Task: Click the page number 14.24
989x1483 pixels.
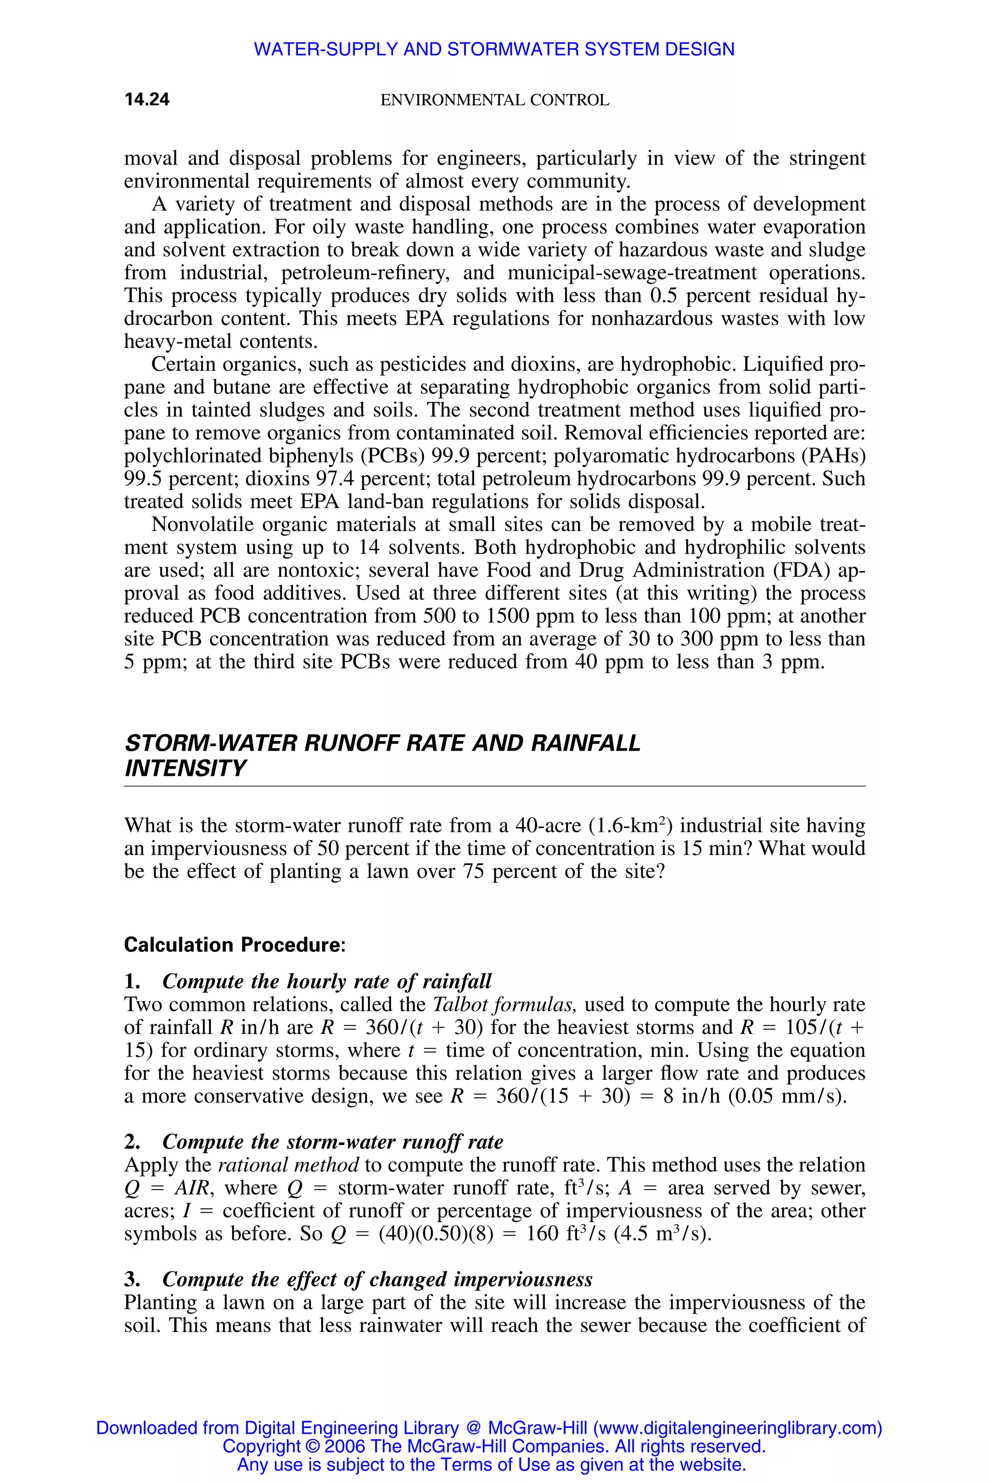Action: click(x=147, y=99)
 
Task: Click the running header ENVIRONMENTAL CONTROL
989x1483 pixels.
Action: click(x=494, y=100)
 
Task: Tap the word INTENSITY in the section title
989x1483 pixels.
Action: click(x=185, y=769)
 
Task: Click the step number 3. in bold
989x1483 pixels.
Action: click(x=132, y=1279)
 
